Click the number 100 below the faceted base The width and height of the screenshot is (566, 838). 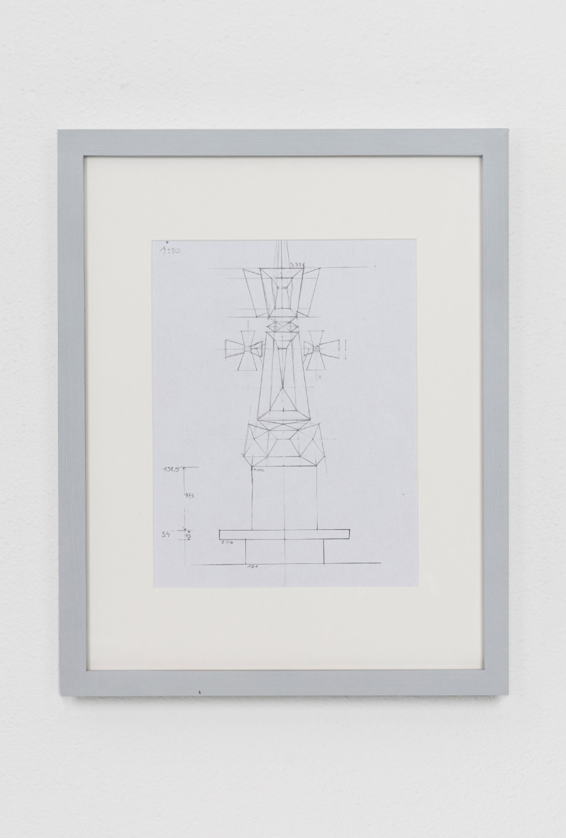click(x=258, y=470)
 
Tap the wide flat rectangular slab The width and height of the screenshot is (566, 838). click(x=284, y=534)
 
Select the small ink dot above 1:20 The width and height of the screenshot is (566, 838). click(x=165, y=241)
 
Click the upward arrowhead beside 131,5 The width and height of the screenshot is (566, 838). click(x=184, y=469)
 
